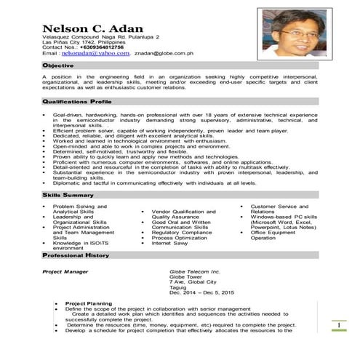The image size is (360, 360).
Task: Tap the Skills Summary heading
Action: click(68, 196)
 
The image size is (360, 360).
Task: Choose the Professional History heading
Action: click(76, 256)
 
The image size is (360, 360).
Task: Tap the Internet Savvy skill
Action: click(171, 244)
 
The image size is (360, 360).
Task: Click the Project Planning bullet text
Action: click(89, 303)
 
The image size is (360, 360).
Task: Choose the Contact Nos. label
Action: click(60, 47)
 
